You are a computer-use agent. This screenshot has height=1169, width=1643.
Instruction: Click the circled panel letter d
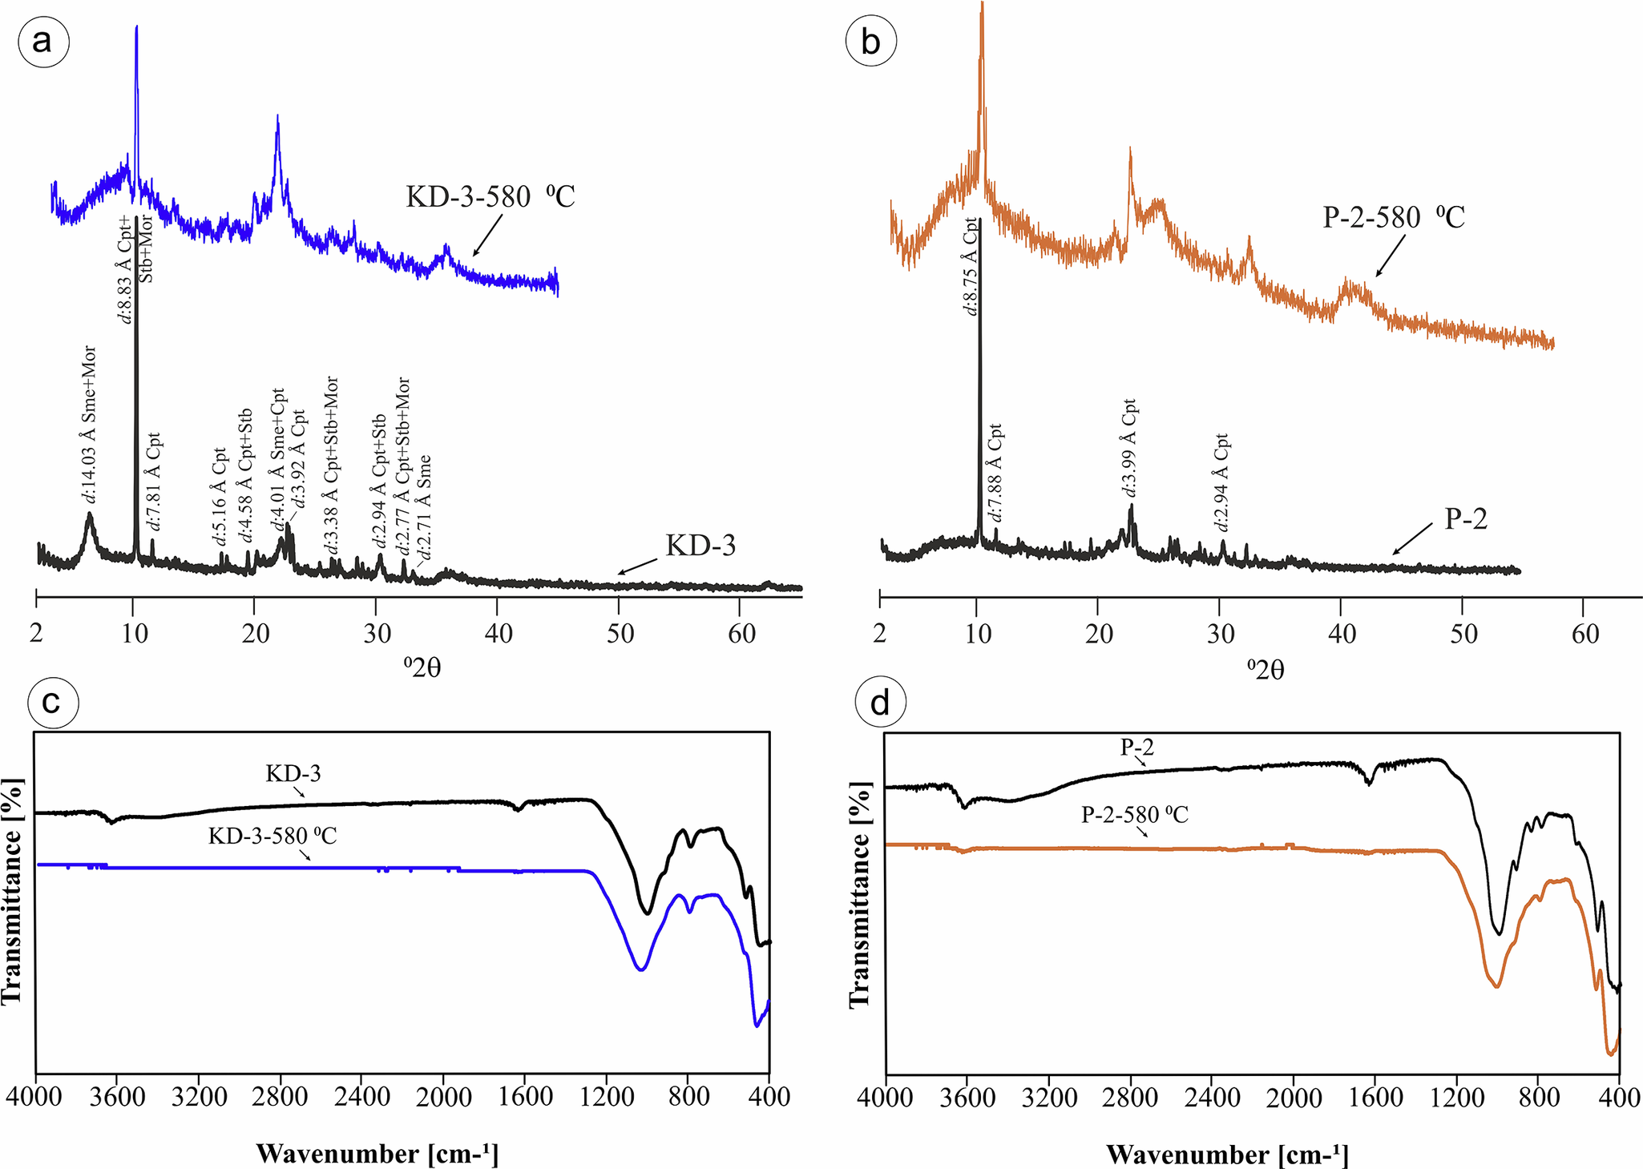pyautogui.click(x=880, y=703)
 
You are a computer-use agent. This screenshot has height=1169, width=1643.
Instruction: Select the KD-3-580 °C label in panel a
pyautogui.click(x=490, y=197)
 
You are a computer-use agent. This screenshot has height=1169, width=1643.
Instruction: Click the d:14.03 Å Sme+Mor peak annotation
pyautogui.click(x=89, y=425)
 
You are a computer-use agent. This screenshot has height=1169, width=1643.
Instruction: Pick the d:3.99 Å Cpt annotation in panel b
pyautogui.click(x=1128, y=449)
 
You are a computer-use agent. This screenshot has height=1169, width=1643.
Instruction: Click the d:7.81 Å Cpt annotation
pyautogui.click(x=154, y=481)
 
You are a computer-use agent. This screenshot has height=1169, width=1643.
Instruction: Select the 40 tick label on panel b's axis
pyautogui.click(x=1342, y=635)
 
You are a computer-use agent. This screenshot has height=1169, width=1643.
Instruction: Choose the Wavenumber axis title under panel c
pyautogui.click(x=377, y=1154)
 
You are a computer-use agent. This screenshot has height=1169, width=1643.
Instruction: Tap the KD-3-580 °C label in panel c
pyautogui.click(x=272, y=836)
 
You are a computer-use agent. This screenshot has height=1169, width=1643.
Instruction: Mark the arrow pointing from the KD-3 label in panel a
pyautogui.click(x=637, y=566)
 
